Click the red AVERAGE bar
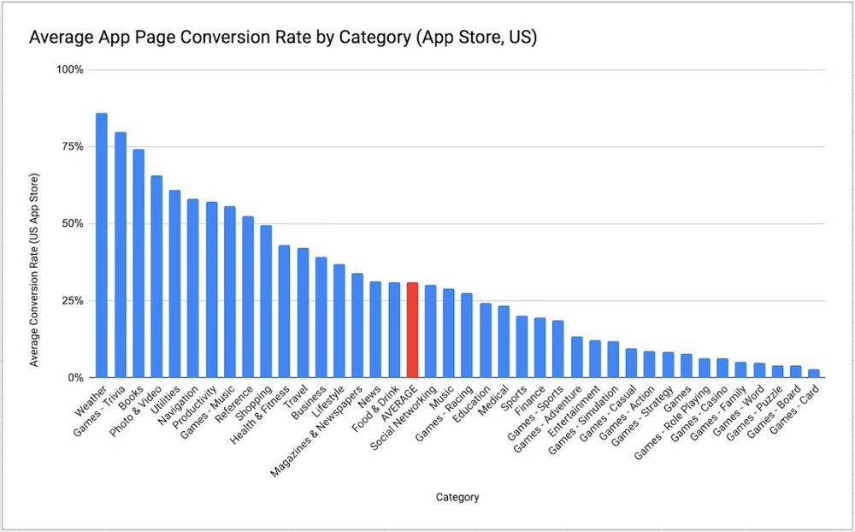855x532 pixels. point(412,330)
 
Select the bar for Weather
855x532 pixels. point(101,245)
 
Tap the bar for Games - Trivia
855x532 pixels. point(121,255)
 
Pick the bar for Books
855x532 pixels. point(139,263)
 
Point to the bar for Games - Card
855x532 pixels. point(814,373)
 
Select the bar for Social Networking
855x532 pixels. point(431,332)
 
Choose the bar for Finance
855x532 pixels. point(540,348)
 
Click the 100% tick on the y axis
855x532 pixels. point(70,69)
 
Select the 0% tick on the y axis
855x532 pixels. point(75,377)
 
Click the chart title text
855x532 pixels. point(283,38)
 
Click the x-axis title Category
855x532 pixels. point(457,497)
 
